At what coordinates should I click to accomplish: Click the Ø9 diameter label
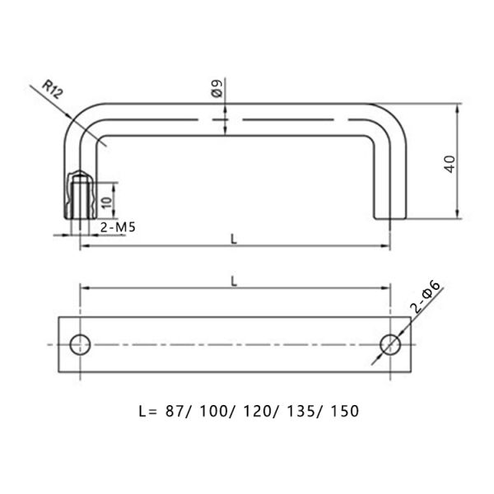[217, 90]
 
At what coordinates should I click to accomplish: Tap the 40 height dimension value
[449, 162]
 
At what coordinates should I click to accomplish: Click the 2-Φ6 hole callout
[428, 297]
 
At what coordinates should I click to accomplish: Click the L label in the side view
[234, 239]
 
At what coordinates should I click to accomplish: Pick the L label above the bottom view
[234, 280]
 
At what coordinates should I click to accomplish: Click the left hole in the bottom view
[80, 344]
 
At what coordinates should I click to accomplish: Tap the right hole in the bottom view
[389, 344]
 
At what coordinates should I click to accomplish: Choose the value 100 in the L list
[213, 409]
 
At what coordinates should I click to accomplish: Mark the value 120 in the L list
[259, 409]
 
